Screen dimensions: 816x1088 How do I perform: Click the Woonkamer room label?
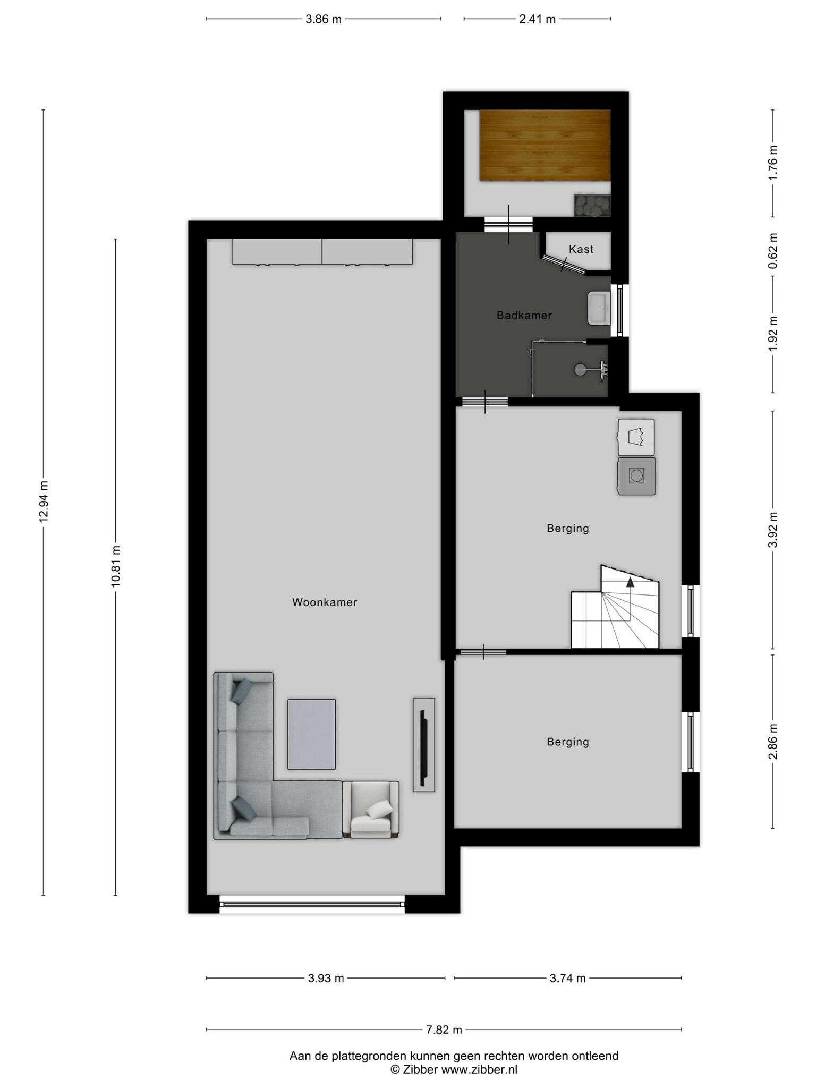[325, 602]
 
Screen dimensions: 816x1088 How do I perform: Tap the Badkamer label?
[524, 316]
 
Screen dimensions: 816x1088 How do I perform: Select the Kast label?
[581, 249]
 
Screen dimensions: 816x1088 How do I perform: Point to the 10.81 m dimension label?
[116, 566]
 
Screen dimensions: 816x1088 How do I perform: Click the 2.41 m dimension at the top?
[538, 20]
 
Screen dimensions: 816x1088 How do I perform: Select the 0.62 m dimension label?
[773, 251]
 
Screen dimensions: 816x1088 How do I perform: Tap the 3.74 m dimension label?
[568, 978]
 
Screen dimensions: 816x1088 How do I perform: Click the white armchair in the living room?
[371, 810]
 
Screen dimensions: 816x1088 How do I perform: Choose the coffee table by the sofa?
[311, 734]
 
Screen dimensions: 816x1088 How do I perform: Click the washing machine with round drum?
[636, 476]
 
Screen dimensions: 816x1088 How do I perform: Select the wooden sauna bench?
[545, 145]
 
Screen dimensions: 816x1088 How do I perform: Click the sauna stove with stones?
[592, 205]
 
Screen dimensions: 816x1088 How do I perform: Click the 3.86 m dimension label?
[324, 20]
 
